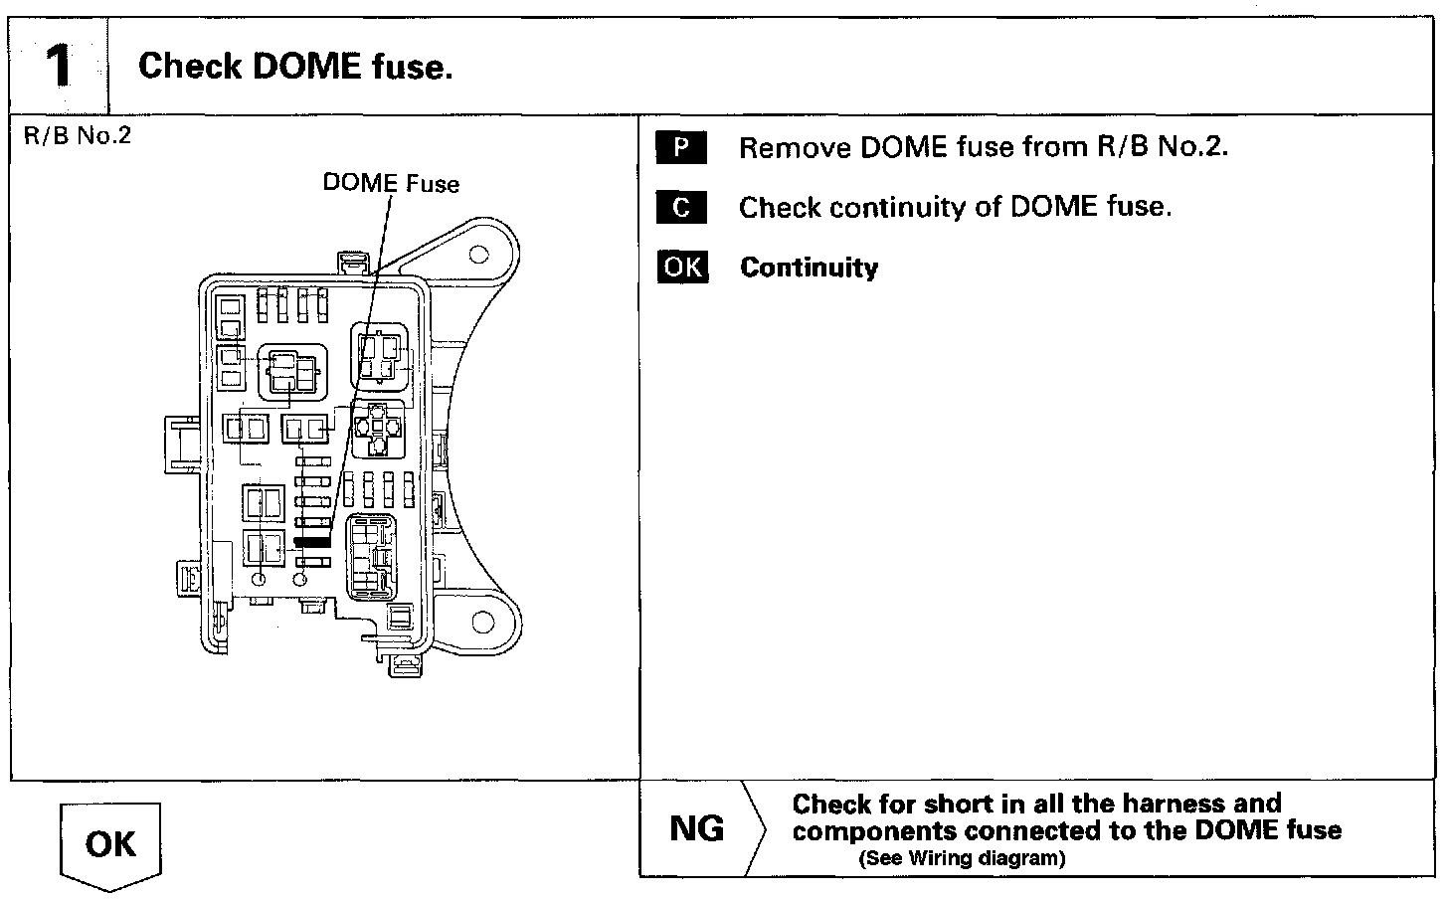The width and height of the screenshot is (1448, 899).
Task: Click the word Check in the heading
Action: pos(190,67)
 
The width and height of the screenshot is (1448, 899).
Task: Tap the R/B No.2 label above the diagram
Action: pos(77,135)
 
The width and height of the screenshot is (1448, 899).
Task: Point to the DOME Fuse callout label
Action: pos(391,183)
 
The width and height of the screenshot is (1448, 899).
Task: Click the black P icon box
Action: pos(680,148)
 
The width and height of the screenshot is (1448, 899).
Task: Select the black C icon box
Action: pos(680,208)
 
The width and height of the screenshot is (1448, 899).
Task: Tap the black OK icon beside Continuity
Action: pos(682,268)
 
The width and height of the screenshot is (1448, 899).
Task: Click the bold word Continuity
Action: pos(810,268)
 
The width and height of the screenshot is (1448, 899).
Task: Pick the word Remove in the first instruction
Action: pos(793,148)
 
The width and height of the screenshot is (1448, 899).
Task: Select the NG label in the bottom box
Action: pos(697,828)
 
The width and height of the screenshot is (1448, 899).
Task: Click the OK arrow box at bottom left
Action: pos(110,843)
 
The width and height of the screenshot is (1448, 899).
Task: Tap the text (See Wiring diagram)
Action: pos(961,859)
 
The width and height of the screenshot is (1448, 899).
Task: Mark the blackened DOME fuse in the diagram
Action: pos(311,543)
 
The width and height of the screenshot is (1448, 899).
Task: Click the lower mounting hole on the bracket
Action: pos(482,624)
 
